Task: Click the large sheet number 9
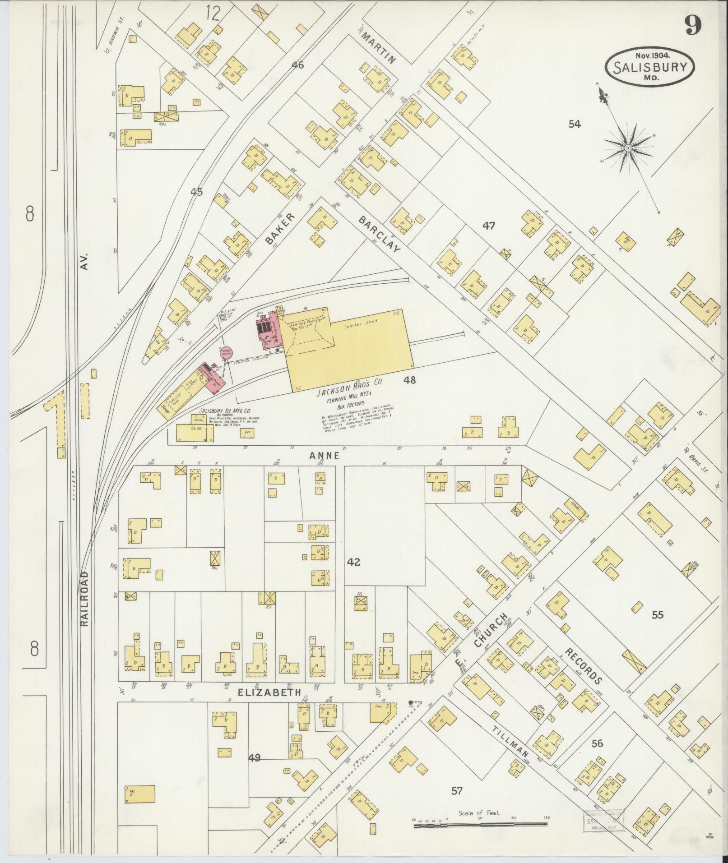pyautogui.click(x=693, y=25)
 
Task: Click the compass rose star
pyautogui.click(x=628, y=148)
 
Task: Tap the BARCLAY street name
pyautogui.click(x=379, y=235)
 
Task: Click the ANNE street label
pyautogui.click(x=324, y=456)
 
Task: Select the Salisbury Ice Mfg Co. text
pyautogui.click(x=225, y=411)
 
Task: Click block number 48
pyautogui.click(x=409, y=380)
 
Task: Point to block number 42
pyautogui.click(x=354, y=562)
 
